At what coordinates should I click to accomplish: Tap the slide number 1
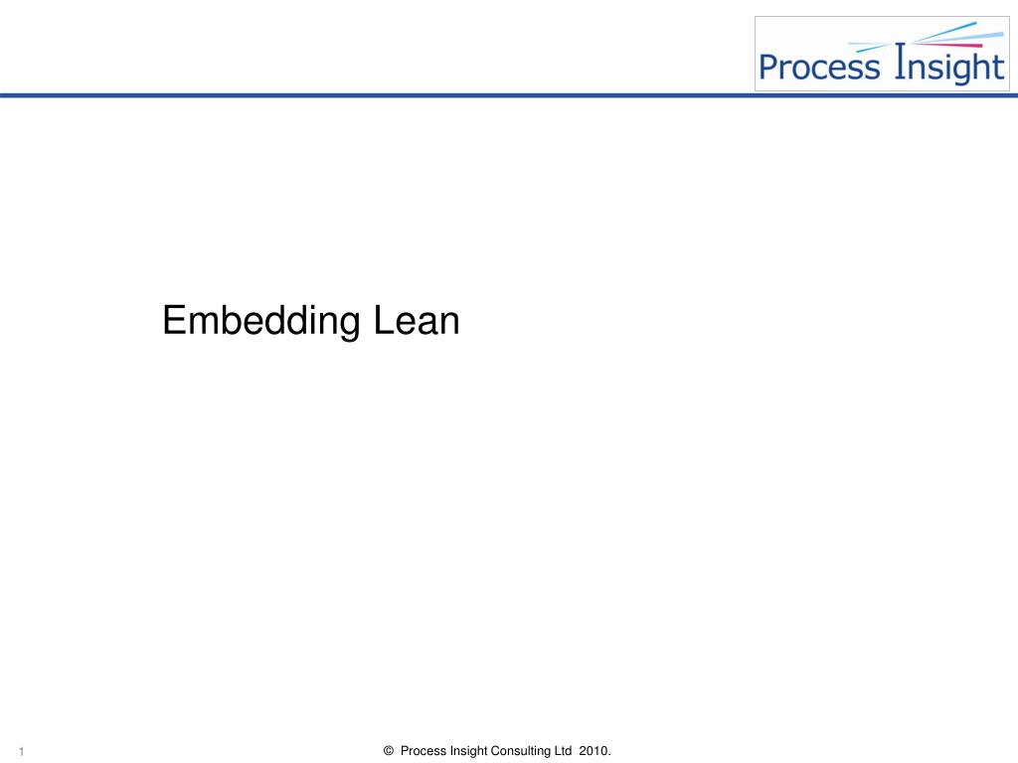20,752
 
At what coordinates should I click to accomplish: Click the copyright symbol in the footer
389,751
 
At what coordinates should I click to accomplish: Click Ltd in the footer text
564,751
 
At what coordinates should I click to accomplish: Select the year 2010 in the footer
594,751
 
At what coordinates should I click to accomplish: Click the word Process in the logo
819,68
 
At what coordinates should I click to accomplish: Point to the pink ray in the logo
944,45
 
